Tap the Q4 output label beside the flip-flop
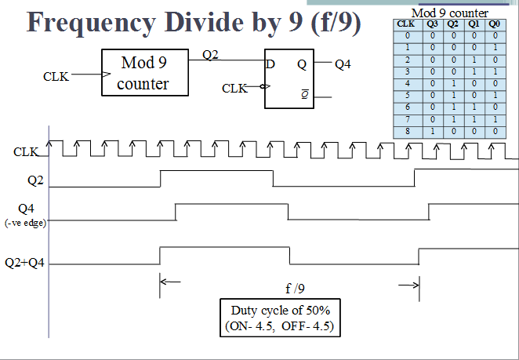pos(343,65)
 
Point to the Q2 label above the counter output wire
pos(211,55)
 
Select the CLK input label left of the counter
pos(57,77)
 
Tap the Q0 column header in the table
pos(493,24)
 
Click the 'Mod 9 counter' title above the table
pos(449,13)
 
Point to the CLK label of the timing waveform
pos(26,151)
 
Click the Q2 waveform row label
pos(36,180)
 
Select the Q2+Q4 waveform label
pos(25,263)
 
